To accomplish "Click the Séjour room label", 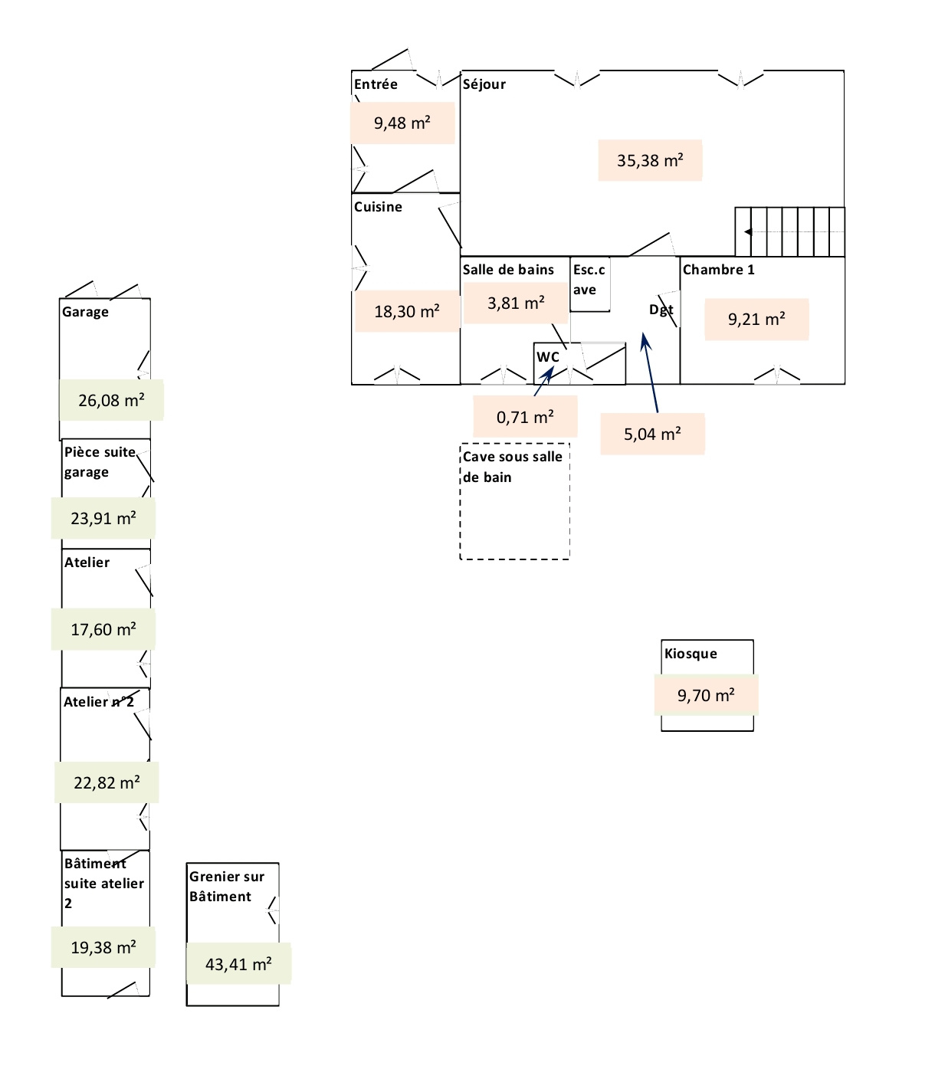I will tap(484, 84).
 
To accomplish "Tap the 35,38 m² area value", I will tap(650, 161).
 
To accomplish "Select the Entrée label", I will tap(376, 84).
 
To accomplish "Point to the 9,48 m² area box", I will tap(402, 123).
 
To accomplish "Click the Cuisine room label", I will tap(378, 207).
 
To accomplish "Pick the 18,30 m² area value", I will tap(407, 312).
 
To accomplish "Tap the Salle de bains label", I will tap(508, 270).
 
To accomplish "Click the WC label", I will tap(548, 357).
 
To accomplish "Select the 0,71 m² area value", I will tap(525, 418).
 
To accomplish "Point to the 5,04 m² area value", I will tap(652, 435).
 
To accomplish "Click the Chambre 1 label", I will tap(718, 270).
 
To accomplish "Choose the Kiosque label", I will tap(691, 654).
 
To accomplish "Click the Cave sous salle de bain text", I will tap(512, 467).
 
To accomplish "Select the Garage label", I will tap(85, 312).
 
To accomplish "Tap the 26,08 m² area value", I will tap(111, 400).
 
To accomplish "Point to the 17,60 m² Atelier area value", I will tap(103, 630).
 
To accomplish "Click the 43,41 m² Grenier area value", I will tap(238, 965).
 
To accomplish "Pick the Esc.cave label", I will tap(589, 280).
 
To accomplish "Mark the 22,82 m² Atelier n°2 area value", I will tap(107, 783).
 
